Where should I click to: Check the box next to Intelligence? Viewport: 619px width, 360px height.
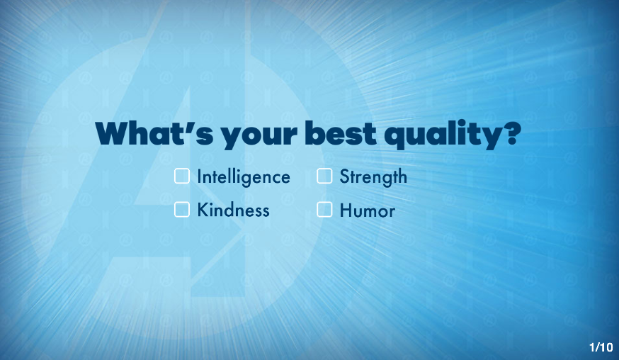[182, 176]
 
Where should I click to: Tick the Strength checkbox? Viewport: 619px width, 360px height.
[324, 176]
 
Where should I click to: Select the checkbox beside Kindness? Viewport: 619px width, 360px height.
[182, 210]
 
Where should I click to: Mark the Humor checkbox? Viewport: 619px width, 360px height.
[324, 210]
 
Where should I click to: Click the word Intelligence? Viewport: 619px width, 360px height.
[244, 177]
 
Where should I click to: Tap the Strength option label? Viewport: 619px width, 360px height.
[373, 177]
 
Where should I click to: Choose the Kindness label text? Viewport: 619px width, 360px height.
[233, 210]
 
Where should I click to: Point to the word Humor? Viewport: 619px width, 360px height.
[367, 210]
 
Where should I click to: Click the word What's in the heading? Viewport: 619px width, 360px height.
[154, 133]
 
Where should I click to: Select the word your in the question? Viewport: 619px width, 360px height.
[259, 137]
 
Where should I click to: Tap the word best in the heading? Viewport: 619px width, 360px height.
[341, 133]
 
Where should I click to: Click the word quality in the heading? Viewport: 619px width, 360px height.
[443, 135]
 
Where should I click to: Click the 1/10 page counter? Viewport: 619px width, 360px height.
[601, 347]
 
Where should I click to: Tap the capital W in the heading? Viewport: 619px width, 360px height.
[113, 133]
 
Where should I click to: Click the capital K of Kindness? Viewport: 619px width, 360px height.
[203, 210]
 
